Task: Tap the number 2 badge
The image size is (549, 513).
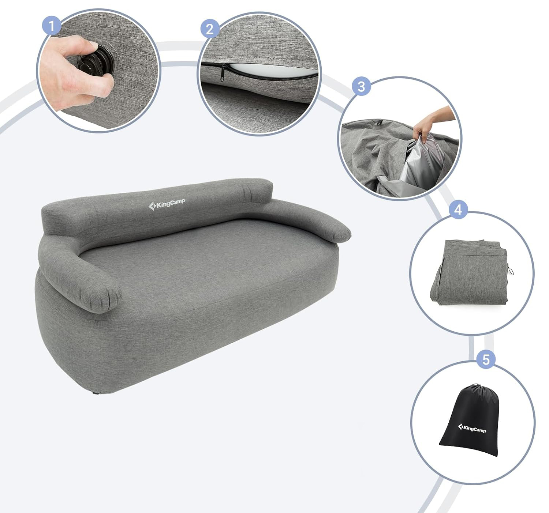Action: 210,29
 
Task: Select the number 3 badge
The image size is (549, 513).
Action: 361,86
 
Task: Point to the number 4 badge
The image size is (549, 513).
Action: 458,210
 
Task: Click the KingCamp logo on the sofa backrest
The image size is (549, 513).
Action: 167,204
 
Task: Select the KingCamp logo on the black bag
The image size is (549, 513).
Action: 472,428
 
